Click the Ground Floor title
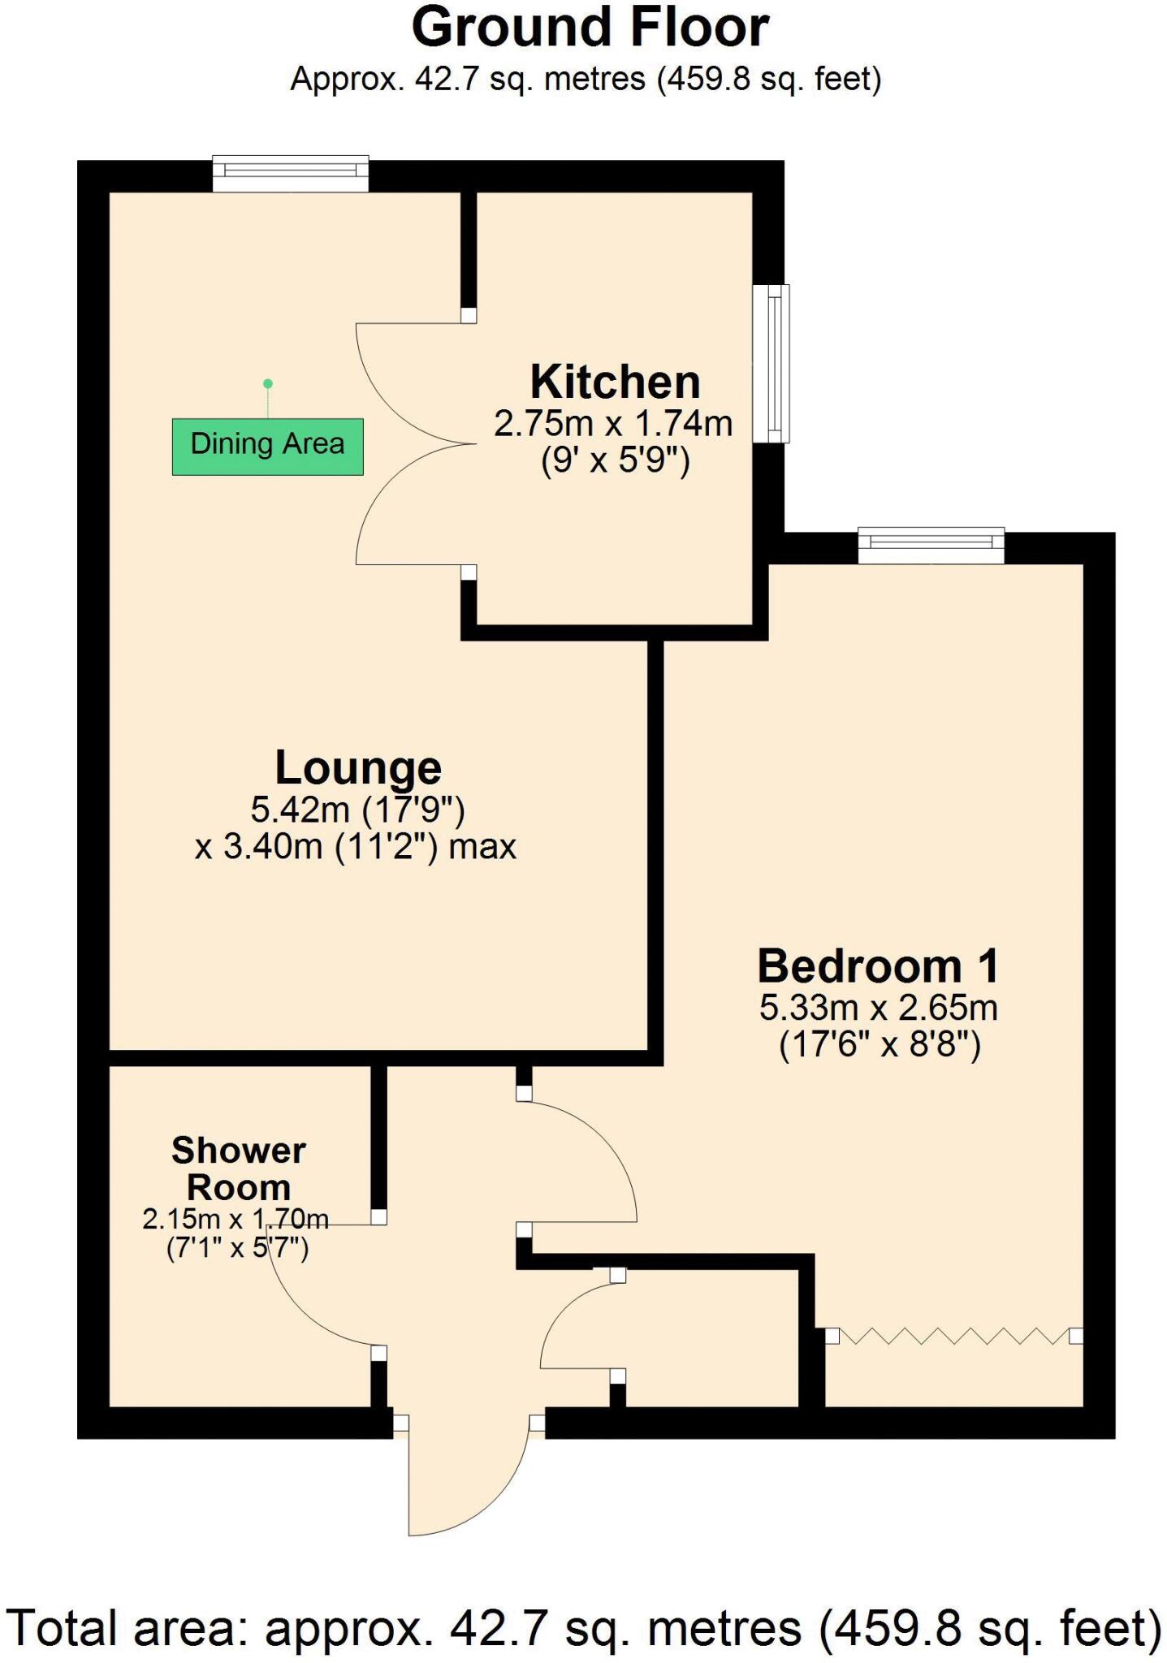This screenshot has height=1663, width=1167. pos(590,28)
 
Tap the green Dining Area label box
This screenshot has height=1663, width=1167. pos(267,446)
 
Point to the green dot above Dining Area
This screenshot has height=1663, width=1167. pos(268,383)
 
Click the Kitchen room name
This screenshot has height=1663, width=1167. pos(615,382)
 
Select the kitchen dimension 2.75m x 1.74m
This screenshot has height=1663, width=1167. pos(613,424)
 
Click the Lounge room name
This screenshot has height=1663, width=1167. pos(358,767)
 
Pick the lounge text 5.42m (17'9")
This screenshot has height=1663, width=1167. pos(357,810)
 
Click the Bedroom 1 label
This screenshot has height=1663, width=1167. pos(878,966)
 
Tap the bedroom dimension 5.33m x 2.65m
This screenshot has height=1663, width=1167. pos(878,1008)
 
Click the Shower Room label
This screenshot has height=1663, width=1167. pos(238,1168)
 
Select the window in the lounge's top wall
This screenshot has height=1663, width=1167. pos(291,173)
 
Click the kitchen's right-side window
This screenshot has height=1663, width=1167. pos(771,363)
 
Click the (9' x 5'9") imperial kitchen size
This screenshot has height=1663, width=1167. pos(615,461)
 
